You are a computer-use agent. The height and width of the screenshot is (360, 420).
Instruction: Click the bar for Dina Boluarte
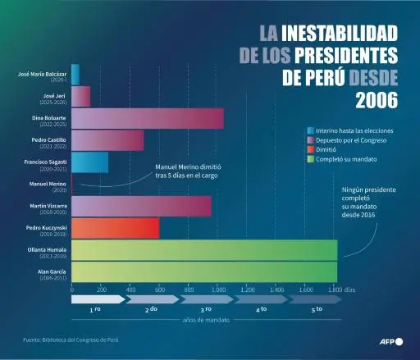click(x=148, y=119)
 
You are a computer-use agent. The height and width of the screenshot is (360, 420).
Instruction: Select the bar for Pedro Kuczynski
click(x=116, y=228)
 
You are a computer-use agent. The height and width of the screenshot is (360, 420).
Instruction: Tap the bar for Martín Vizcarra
click(x=141, y=207)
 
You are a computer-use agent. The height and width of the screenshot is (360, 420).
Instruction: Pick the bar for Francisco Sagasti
click(x=90, y=162)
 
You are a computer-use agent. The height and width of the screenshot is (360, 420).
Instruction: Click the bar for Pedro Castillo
click(x=107, y=141)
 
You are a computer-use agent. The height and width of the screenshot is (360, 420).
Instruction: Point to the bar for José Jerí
click(x=81, y=97)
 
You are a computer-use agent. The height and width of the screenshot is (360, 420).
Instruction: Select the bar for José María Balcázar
click(x=75, y=75)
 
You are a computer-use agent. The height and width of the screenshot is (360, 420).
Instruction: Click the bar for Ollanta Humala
click(x=204, y=250)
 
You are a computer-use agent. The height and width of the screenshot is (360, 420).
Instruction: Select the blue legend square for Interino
click(x=310, y=131)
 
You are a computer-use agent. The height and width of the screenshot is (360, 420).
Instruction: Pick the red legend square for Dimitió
click(x=310, y=151)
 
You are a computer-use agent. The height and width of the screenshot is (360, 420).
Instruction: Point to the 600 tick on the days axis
click(x=159, y=290)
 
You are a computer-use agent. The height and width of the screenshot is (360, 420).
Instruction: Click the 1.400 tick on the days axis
click(x=276, y=290)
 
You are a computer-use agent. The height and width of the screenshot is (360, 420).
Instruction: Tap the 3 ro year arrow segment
click(x=206, y=309)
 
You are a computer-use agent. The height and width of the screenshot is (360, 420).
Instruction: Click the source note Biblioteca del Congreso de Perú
click(x=70, y=339)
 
